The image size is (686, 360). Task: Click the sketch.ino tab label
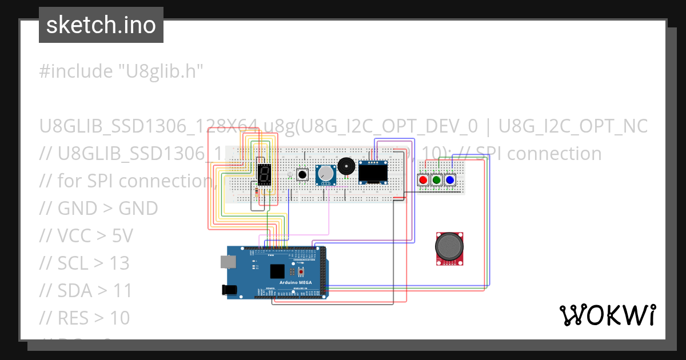tap(101, 25)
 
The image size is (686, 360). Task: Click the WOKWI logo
tap(607, 315)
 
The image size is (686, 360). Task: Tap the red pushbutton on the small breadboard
tap(423, 180)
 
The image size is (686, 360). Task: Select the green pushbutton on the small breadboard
tap(437, 180)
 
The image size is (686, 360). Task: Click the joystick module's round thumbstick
tap(450, 246)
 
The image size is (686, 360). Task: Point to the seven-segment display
tap(264, 174)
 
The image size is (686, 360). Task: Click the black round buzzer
tap(345, 166)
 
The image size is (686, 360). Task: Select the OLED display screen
tap(373, 171)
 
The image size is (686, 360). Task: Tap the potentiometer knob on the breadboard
tap(325, 173)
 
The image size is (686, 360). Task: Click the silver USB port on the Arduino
tap(228, 262)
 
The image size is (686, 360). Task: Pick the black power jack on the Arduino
tap(230, 290)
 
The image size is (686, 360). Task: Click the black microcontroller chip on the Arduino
tap(278, 271)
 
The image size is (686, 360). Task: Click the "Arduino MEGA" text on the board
tap(295, 282)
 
